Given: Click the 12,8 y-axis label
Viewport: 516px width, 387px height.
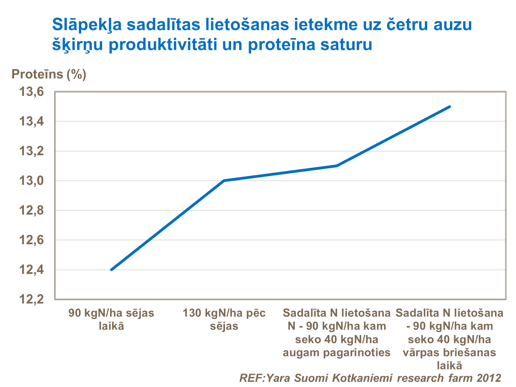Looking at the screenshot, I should [x=32, y=210].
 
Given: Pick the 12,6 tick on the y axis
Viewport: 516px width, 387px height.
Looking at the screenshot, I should [x=32, y=240].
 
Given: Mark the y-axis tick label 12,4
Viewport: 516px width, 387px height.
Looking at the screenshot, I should [x=32, y=270].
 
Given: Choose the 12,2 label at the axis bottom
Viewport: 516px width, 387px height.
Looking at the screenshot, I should [x=32, y=300].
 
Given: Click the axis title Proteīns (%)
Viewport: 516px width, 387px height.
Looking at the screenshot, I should [x=49, y=74].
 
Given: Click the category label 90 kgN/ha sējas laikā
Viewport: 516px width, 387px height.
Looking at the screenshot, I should [x=111, y=319].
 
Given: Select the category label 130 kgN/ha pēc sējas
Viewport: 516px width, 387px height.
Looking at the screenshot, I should [x=224, y=319].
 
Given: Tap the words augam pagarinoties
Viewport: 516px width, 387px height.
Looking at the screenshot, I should [x=336, y=352].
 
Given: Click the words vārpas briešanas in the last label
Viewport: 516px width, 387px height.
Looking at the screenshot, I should [x=449, y=352].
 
